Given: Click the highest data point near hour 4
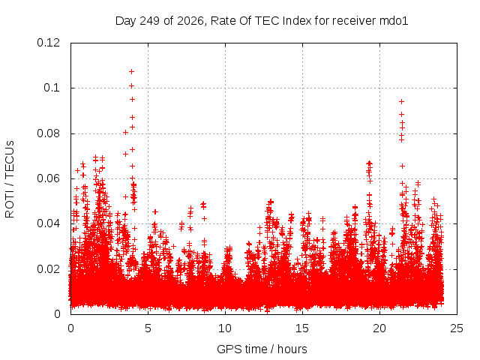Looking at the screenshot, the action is pyautogui.click(x=132, y=72).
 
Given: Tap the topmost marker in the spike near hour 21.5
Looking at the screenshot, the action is pyautogui.click(x=402, y=102).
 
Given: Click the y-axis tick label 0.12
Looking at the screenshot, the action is pyautogui.click(x=48, y=43).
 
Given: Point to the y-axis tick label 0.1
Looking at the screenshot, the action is pyautogui.click(x=52, y=88).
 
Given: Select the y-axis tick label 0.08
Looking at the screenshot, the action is pyautogui.click(x=48, y=133).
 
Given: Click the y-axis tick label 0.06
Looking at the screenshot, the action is pyautogui.click(x=48, y=178).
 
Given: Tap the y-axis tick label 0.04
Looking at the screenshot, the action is pyautogui.click(x=48, y=223).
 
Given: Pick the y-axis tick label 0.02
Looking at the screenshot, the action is pyautogui.click(x=48, y=269).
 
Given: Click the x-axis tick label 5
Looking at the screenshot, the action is pyautogui.click(x=148, y=328).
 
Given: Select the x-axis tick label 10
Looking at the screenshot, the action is pyautogui.click(x=225, y=328).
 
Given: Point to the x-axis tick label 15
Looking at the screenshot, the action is pyautogui.click(x=302, y=328).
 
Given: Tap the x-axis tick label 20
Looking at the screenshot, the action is pyautogui.click(x=379, y=328).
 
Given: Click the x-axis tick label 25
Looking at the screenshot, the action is pyautogui.click(x=457, y=328).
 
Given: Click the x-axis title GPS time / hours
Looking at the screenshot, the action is pyautogui.click(x=262, y=349).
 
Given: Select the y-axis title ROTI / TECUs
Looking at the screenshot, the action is pyautogui.click(x=10, y=179).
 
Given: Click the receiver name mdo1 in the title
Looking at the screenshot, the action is pyautogui.click(x=394, y=21).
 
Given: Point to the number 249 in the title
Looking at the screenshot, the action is pyautogui.click(x=150, y=21).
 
